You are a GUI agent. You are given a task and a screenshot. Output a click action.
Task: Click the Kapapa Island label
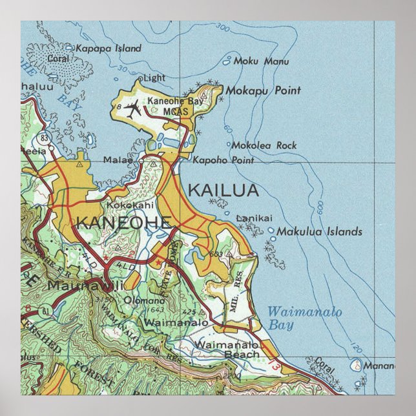coord(108,48)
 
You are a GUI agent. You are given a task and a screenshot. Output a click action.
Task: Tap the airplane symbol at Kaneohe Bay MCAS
coord(134,109)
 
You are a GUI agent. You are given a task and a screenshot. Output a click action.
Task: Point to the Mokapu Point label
coord(262,91)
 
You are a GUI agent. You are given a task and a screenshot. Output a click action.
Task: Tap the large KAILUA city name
coord(223,190)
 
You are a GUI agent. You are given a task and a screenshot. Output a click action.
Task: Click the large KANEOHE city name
coord(123,224)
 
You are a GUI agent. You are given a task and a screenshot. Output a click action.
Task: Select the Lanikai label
coord(255,219)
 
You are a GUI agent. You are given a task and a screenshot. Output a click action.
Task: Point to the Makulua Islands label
coord(319,231)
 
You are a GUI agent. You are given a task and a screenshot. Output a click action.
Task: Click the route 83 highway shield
coord(44,137)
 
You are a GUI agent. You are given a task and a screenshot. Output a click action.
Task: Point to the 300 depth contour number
coord(223,28)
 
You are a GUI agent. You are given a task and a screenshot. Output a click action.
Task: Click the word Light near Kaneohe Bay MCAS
coord(154,78)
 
